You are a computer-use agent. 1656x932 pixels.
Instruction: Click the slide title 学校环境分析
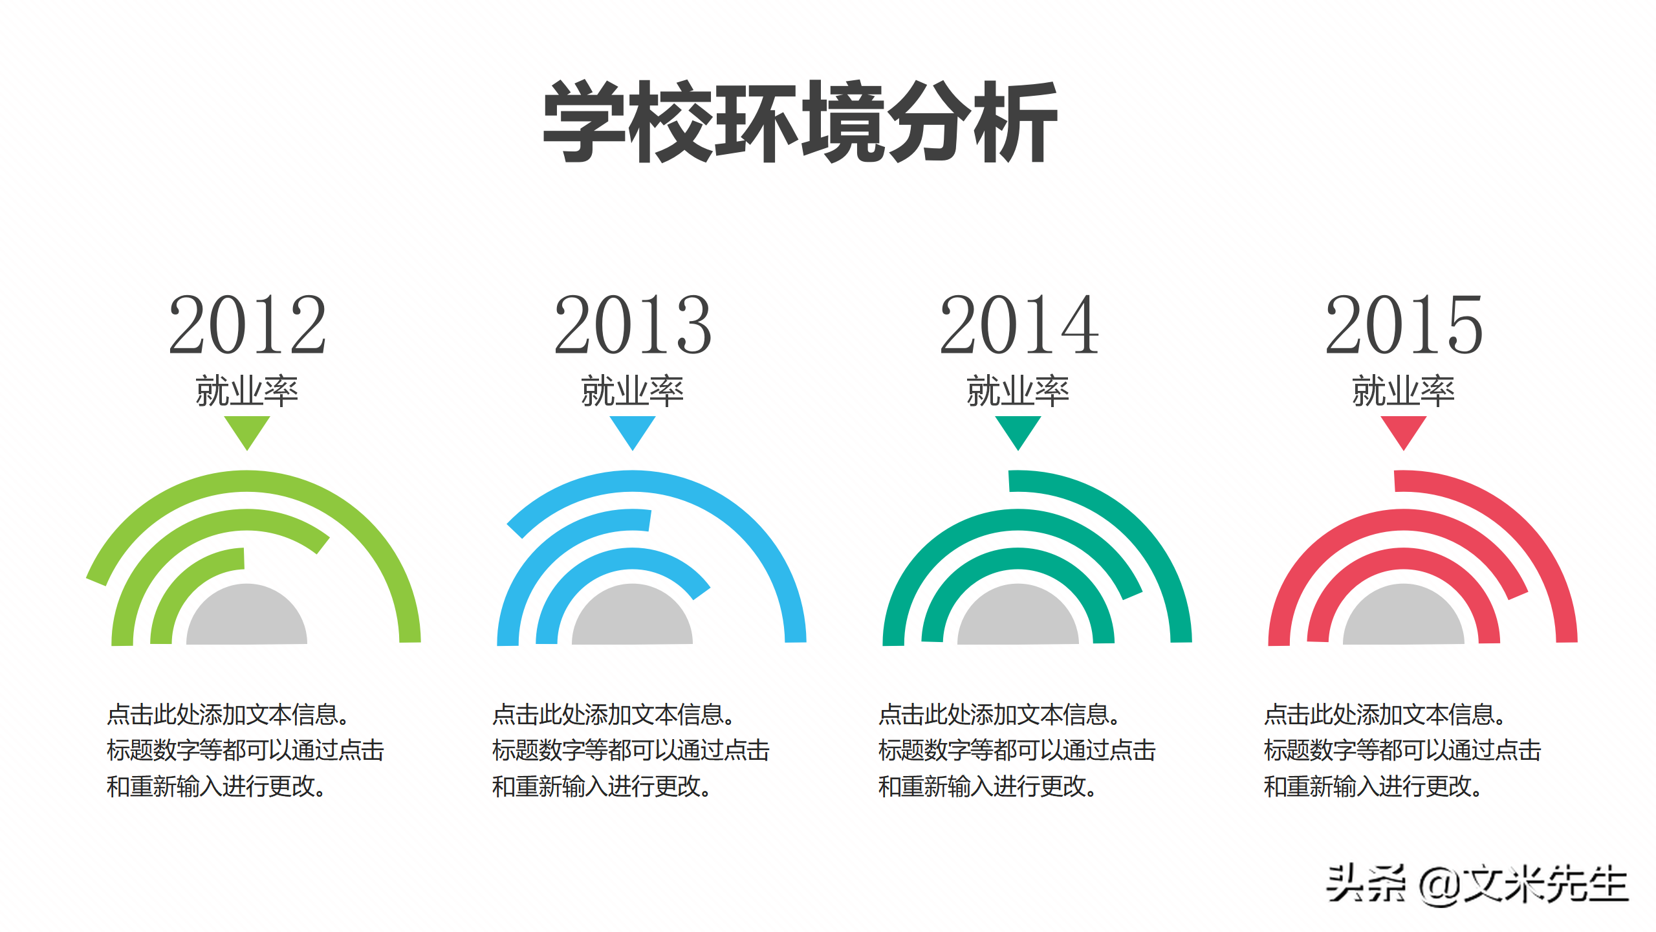pos(800,122)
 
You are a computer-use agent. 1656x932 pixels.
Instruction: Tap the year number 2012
pos(247,325)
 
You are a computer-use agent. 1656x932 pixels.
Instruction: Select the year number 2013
pos(633,325)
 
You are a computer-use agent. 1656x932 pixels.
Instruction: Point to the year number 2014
pos(1019,325)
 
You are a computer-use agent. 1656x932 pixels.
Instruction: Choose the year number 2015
pos(1404,325)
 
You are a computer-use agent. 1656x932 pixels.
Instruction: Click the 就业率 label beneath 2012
pos(247,391)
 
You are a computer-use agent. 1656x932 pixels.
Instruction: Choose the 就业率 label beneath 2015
pos(1404,391)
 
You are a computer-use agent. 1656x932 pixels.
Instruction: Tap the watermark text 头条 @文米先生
pos(1477,885)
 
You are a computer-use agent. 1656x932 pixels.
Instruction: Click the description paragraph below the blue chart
pos(631,751)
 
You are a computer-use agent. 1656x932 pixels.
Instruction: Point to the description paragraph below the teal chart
pos(1016,751)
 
